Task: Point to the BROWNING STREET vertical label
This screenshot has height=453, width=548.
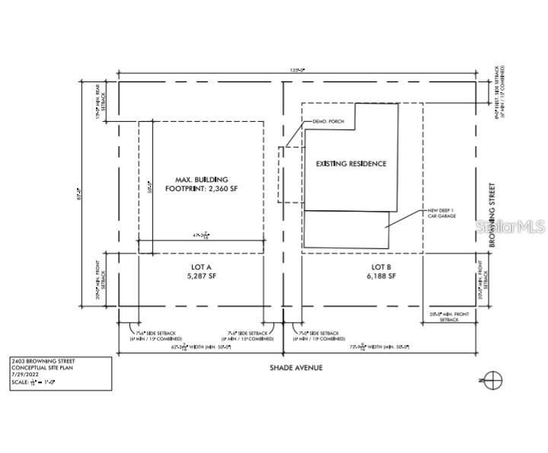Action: tap(492, 215)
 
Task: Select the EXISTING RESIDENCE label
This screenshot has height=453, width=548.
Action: tap(346, 164)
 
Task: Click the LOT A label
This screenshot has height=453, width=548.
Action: tap(201, 266)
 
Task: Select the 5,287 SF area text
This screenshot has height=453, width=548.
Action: tap(201, 276)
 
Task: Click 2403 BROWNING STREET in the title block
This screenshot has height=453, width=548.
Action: tap(43, 360)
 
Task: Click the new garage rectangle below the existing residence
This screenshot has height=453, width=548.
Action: tap(347, 230)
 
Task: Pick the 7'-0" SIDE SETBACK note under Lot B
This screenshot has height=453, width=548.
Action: tap(315, 335)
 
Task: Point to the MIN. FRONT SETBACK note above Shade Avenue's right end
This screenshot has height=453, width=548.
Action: tap(451, 315)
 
